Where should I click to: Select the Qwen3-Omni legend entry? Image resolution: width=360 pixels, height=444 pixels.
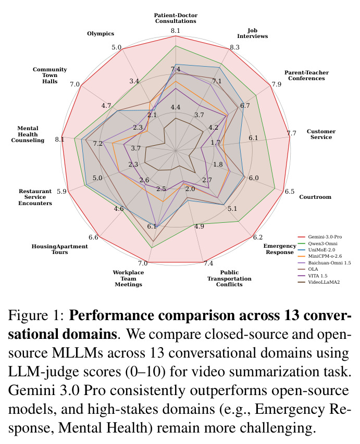[317, 243]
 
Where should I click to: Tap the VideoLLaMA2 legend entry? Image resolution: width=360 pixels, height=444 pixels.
[319, 282]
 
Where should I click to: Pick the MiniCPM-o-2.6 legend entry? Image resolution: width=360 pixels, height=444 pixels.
[320, 256]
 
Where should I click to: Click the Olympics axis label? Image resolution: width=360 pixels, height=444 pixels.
[101, 33]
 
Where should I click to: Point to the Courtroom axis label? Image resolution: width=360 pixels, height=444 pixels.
[315, 197]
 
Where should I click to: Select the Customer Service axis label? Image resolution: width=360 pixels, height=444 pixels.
[321, 134]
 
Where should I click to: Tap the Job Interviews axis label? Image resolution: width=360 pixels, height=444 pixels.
[252, 33]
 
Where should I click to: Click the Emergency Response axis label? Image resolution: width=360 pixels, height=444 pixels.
[279, 249]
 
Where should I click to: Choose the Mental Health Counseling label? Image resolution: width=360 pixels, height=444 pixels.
[28, 134]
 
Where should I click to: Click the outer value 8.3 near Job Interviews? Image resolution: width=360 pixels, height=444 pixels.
[234, 47]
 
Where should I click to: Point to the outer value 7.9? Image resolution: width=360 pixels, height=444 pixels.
[276, 84]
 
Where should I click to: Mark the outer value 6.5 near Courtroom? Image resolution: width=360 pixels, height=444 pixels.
[290, 192]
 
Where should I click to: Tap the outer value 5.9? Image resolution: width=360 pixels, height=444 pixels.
[61, 192]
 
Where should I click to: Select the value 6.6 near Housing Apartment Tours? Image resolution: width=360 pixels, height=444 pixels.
[93, 237]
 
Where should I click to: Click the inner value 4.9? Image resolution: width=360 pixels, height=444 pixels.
[199, 226]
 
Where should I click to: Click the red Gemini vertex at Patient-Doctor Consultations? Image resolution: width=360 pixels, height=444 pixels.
[176, 36]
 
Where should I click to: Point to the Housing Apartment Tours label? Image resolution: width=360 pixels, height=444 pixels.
[59, 249]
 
